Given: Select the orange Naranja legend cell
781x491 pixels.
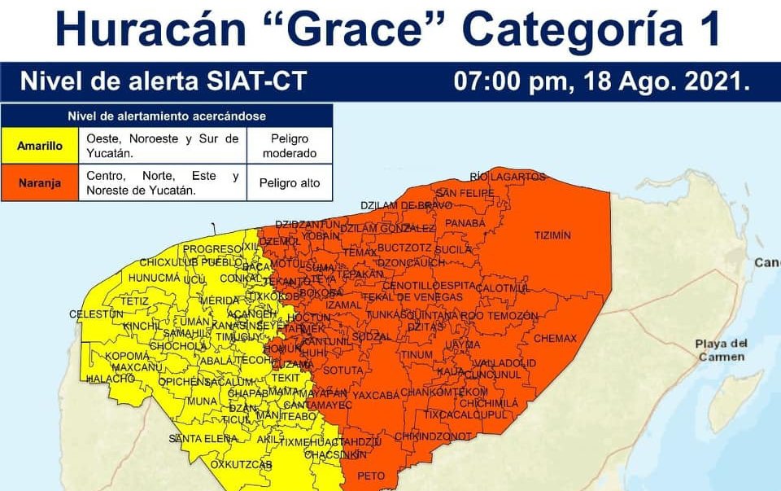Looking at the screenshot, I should (x=40, y=183).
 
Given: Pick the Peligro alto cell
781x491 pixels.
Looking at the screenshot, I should (x=289, y=183).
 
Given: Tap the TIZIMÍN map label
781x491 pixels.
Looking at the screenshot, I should (x=552, y=235).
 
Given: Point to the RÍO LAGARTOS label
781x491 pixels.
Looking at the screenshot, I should (x=507, y=177).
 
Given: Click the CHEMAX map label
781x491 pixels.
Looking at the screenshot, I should (x=555, y=338).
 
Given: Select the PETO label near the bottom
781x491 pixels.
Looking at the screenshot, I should (x=371, y=475).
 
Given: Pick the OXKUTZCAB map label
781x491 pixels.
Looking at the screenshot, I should (x=241, y=464).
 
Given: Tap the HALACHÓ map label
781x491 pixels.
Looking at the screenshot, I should (x=110, y=379).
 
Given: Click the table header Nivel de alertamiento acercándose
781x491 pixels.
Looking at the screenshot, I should (x=166, y=116).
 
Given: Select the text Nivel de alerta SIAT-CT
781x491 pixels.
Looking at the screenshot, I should (x=163, y=82).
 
